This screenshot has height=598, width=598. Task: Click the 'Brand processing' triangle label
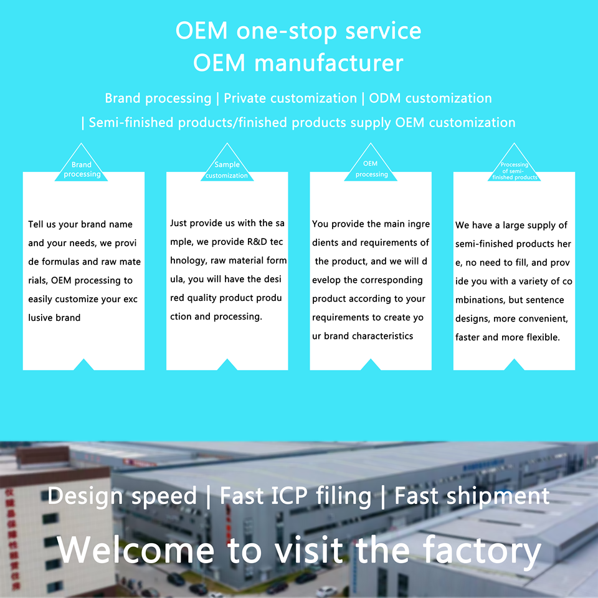[x=82, y=169]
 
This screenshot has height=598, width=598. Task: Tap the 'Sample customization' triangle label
[x=227, y=170]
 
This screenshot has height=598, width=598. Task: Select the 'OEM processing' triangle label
[x=371, y=169]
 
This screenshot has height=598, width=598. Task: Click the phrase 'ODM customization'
[x=430, y=98]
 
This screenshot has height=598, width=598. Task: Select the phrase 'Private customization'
[x=290, y=98]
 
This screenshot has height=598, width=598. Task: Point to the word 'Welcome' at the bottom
[x=135, y=550]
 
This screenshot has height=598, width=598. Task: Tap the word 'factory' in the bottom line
[x=482, y=550]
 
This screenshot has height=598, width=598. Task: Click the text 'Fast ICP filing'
[x=296, y=496]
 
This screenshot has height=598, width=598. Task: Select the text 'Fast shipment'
[x=472, y=496]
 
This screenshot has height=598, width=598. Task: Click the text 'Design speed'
[x=122, y=496]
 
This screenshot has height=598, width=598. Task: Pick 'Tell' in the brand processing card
[x=36, y=224]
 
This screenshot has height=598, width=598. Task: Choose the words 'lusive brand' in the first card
[x=54, y=318]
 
